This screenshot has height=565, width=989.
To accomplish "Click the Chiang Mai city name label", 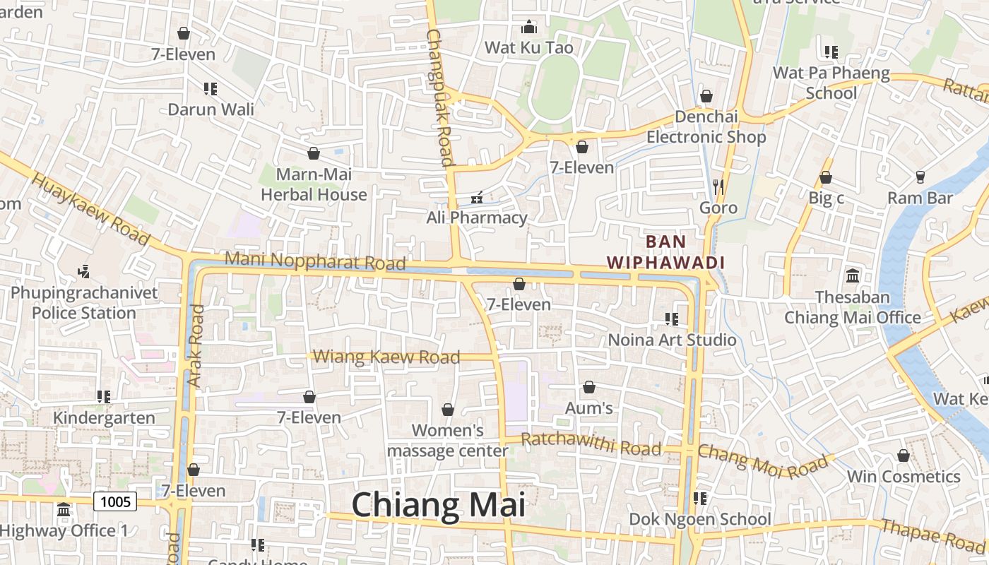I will click(x=438, y=506).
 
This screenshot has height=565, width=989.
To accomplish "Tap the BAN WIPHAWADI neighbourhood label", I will click(x=666, y=252).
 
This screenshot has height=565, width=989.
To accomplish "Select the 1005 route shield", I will click(x=115, y=501).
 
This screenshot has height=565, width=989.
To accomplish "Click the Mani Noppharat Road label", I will click(x=315, y=261).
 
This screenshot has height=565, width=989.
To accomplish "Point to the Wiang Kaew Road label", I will click(x=386, y=357).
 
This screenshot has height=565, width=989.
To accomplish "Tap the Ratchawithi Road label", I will click(x=591, y=445).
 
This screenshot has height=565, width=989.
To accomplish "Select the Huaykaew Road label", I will click(x=91, y=210).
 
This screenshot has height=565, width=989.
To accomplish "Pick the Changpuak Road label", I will click(x=439, y=97).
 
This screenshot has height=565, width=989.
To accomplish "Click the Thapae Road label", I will click(x=932, y=535).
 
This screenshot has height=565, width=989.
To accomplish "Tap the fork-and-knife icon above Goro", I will click(x=718, y=187).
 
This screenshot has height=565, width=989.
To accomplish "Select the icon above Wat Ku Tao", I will click(x=528, y=28).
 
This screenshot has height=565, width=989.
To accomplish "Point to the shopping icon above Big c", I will click(x=825, y=177).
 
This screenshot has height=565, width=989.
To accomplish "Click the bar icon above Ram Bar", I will click(x=920, y=177).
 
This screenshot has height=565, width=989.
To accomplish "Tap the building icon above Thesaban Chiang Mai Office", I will click(x=852, y=275).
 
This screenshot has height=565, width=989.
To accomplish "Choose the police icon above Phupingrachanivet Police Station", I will click(x=84, y=271).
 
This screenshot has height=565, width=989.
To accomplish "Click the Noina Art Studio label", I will click(x=672, y=340).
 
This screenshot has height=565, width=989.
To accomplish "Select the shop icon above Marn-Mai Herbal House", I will click(x=314, y=153).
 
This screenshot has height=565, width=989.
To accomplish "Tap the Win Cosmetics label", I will click(x=904, y=476).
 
